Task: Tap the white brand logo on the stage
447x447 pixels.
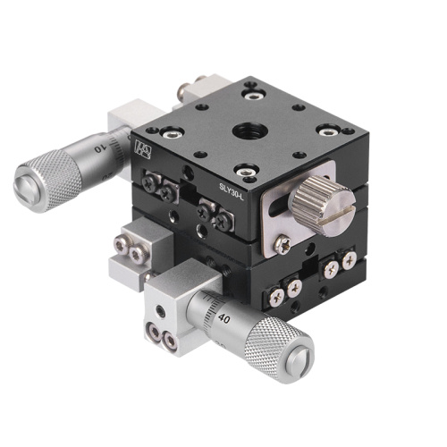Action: [142, 148]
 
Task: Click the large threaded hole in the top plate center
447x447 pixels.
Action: [246, 132]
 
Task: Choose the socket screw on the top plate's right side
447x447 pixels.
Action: [325, 131]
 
